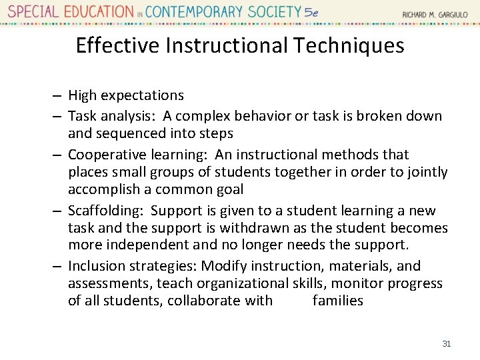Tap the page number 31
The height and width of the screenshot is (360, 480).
pos(447,344)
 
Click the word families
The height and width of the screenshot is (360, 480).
pos(338,301)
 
